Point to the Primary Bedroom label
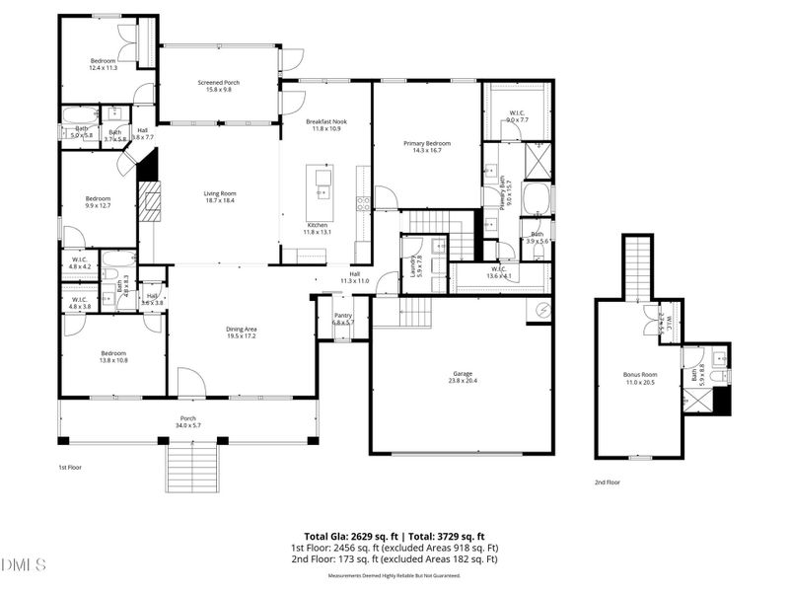tap(427, 147)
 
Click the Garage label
tap(463, 378)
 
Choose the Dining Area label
tap(242, 333)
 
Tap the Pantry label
tap(342, 319)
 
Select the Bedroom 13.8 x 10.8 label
tap(113, 357)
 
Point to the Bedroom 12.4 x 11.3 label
tap(103, 64)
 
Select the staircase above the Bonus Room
tap(638, 265)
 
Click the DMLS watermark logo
tap(26, 565)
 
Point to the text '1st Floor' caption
tap(70, 467)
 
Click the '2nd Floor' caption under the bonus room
tap(607, 482)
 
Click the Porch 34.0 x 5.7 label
tap(187, 421)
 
